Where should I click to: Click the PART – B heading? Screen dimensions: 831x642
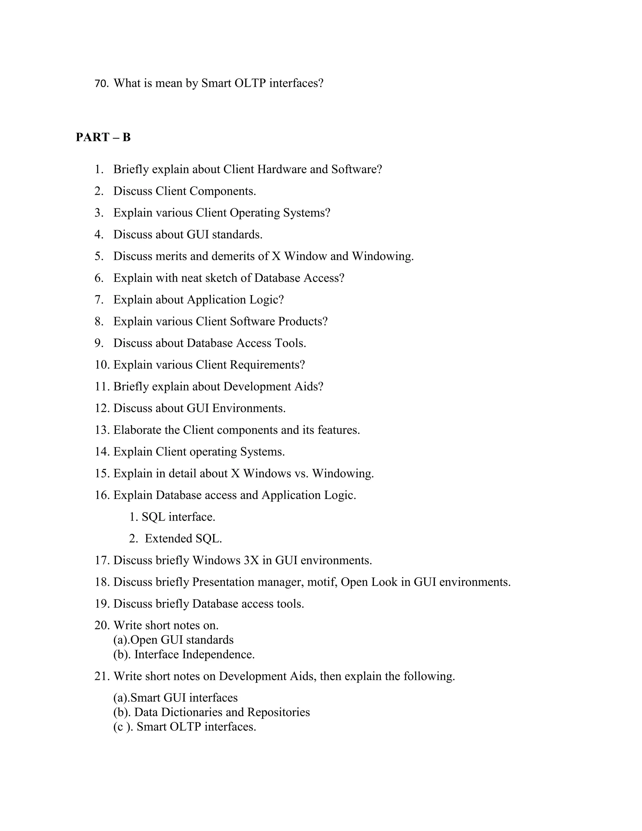(103, 137)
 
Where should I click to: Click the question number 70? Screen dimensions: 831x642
(101, 83)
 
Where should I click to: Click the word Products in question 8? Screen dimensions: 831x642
(303, 321)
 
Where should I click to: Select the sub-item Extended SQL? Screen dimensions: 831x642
(183, 538)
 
